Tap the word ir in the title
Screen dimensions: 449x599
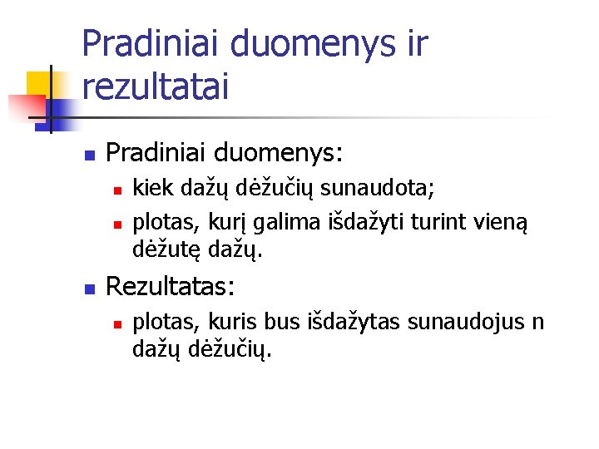coord(411,43)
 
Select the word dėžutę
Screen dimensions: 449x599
coord(161,248)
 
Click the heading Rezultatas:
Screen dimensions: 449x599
coord(171,288)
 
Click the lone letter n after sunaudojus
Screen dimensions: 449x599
coord(537,322)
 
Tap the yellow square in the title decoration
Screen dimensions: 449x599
coord(40,86)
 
